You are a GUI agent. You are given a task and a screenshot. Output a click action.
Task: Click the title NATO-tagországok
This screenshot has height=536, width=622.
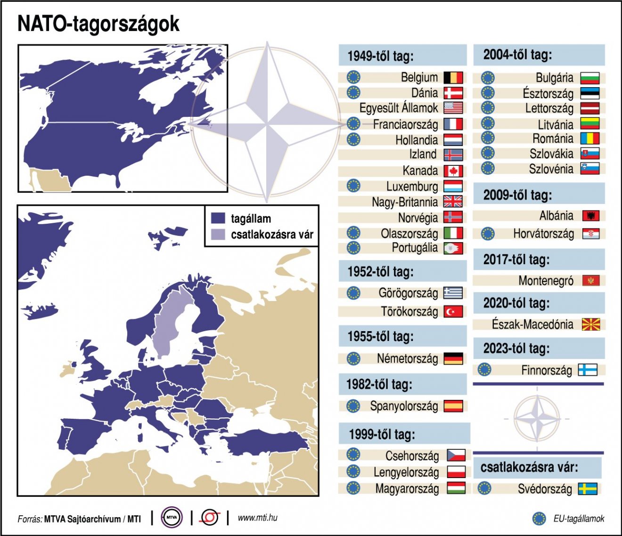pyautogui.click(x=98, y=24)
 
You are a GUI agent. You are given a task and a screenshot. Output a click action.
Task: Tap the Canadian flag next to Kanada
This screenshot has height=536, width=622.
pyautogui.click(x=453, y=171)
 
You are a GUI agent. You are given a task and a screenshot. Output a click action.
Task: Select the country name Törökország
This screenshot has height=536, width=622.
pyautogui.click(x=409, y=311)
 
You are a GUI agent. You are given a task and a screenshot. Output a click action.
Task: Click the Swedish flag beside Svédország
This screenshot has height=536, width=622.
pyautogui.click(x=588, y=488)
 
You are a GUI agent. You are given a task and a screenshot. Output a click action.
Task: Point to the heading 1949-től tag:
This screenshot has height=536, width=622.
pyautogui.click(x=380, y=56)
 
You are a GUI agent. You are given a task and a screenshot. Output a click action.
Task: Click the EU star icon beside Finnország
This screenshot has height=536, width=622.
pyautogui.click(x=484, y=370)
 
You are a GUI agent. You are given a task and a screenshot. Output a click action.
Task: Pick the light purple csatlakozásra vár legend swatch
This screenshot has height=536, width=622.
pyautogui.click(x=218, y=235)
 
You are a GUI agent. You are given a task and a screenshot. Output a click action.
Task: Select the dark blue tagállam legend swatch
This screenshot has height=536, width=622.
pyautogui.click(x=218, y=219)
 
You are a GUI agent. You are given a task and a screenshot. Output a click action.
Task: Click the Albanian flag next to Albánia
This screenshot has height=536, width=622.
pyautogui.click(x=590, y=216)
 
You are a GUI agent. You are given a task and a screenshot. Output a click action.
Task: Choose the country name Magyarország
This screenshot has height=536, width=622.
pyautogui.click(x=407, y=488)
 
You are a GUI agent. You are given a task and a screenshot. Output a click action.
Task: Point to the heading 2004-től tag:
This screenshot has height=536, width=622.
pyautogui.click(x=517, y=55)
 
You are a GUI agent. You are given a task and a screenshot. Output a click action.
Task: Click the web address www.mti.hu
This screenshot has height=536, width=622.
pyautogui.click(x=257, y=518)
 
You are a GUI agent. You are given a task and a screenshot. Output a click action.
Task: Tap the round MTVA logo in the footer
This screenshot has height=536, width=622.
pyautogui.click(x=172, y=518)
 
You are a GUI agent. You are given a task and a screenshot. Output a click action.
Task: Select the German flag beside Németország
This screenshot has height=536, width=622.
pyautogui.click(x=453, y=358)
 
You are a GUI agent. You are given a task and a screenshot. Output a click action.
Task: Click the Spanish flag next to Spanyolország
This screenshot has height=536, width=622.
pyautogui.click(x=453, y=406)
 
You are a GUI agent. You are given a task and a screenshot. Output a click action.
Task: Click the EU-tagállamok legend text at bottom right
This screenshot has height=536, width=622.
pyautogui.click(x=579, y=519)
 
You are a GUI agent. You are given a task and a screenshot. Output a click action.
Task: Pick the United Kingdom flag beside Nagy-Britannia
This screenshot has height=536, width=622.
pyautogui.click(x=453, y=202)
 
